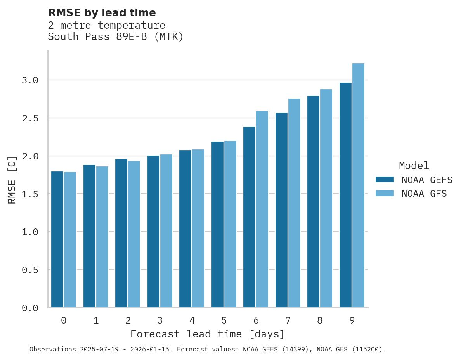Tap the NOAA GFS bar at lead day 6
point(262,209)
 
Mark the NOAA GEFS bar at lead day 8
point(313,201)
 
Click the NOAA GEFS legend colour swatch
point(385,180)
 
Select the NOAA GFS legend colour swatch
point(385,193)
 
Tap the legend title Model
point(414,166)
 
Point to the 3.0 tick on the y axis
point(30,80)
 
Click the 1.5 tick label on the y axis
point(30,194)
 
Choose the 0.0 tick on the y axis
point(30,308)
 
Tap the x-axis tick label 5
point(224,320)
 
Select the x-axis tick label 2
point(128,320)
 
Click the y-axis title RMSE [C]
point(12,180)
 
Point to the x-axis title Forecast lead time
point(208,334)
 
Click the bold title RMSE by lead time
point(102,13)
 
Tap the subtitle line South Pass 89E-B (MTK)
point(116,37)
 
